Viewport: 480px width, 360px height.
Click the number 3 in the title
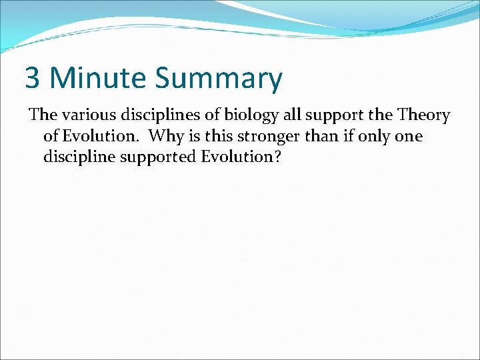[x=33, y=78]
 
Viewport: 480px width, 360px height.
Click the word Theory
[x=423, y=116]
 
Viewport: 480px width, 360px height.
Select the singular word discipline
[x=79, y=159]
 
